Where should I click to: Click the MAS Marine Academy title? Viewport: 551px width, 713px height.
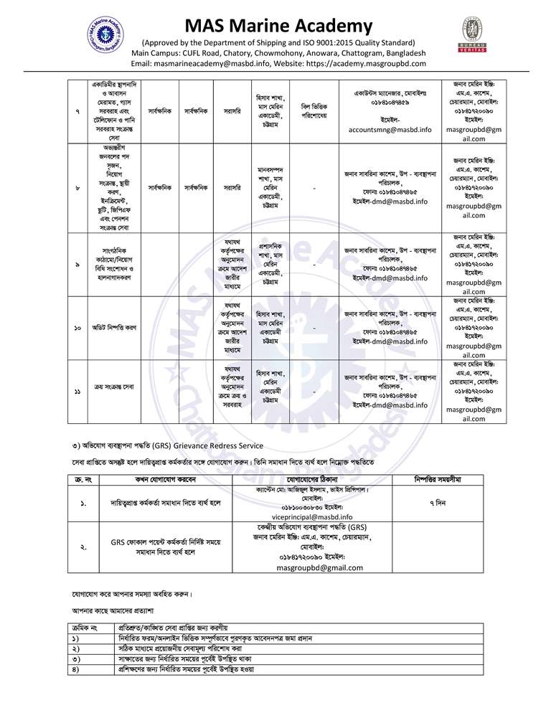tap(275, 27)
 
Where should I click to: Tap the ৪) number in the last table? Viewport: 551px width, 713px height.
tap(75, 669)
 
